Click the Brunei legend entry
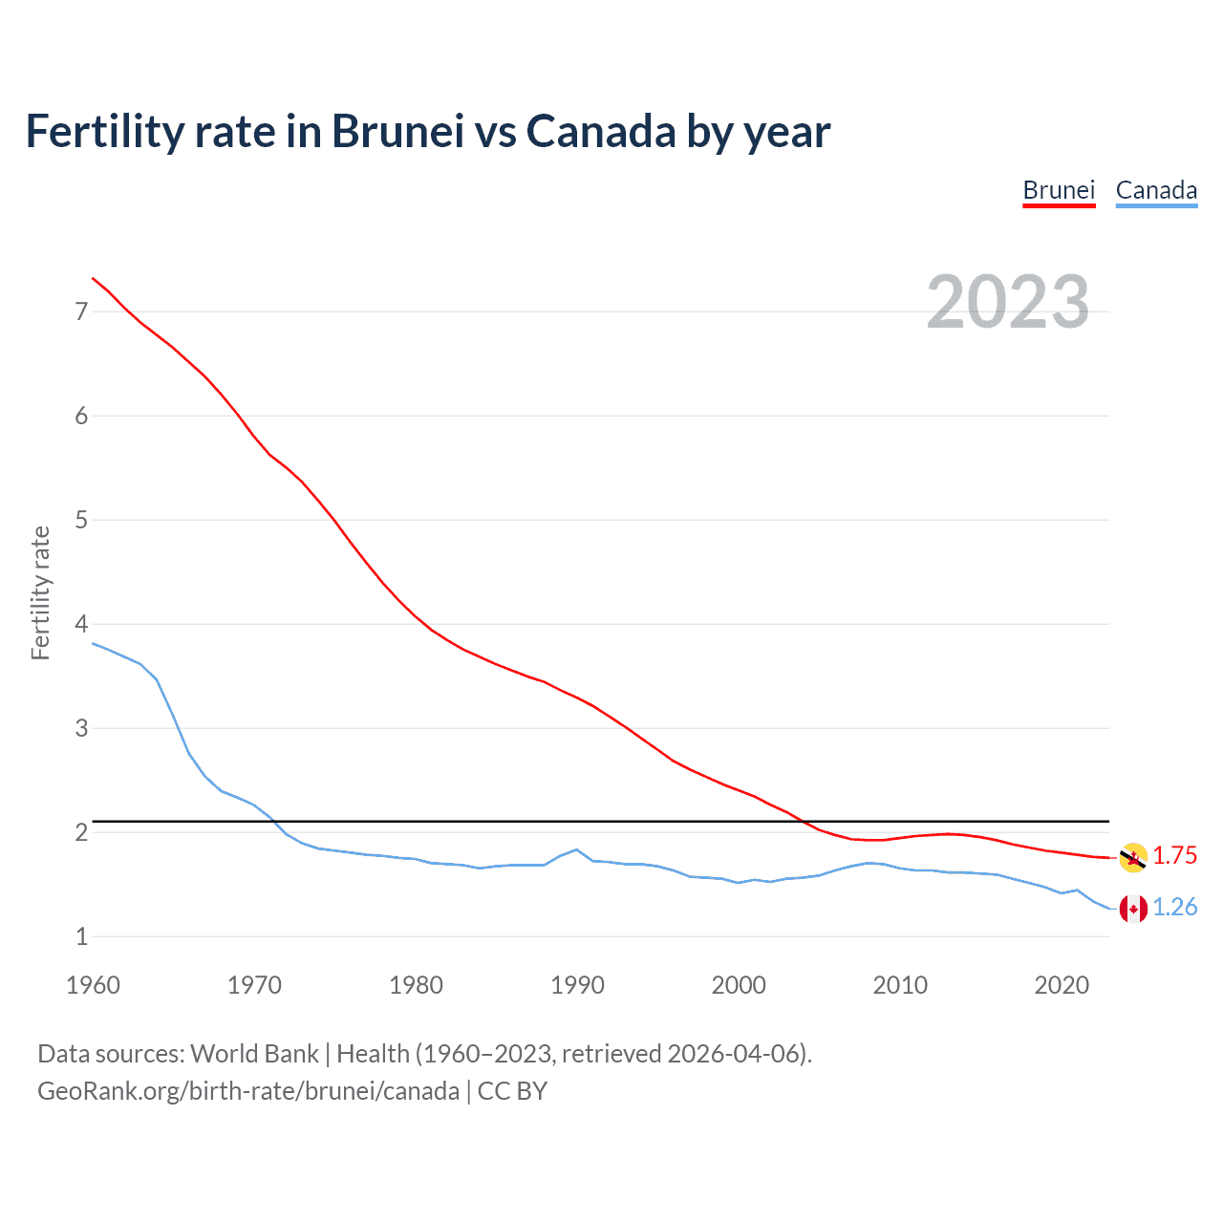(x=1059, y=190)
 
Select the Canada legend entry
(x=1156, y=190)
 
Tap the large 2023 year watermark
(x=1008, y=302)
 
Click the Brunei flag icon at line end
(x=1133, y=857)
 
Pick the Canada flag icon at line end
(x=1133, y=908)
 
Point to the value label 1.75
(x=1174, y=855)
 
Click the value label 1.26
(x=1174, y=907)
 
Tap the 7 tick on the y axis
(x=81, y=311)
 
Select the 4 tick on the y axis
(x=81, y=624)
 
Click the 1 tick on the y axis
(x=81, y=936)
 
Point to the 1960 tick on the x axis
(x=93, y=985)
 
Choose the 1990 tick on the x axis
(x=577, y=985)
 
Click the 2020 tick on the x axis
(x=1062, y=985)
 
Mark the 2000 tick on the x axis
(x=739, y=985)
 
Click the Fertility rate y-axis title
(x=40, y=592)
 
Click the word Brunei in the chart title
(x=397, y=131)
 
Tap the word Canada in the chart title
(x=600, y=131)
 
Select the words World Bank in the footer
(x=254, y=1054)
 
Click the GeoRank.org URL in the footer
(x=248, y=1091)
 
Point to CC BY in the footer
(x=512, y=1091)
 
